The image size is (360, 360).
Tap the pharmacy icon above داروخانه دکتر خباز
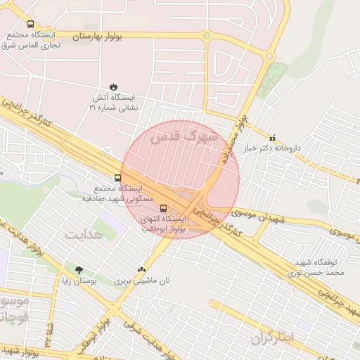pos(273,138)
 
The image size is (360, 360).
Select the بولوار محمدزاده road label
pos(235,140)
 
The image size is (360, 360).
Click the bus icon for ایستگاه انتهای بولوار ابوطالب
pos(164,208)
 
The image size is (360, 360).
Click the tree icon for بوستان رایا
pos(78,269)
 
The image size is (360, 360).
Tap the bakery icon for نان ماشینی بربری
pos(143,269)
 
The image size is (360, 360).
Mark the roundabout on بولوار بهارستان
pos(206,35)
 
